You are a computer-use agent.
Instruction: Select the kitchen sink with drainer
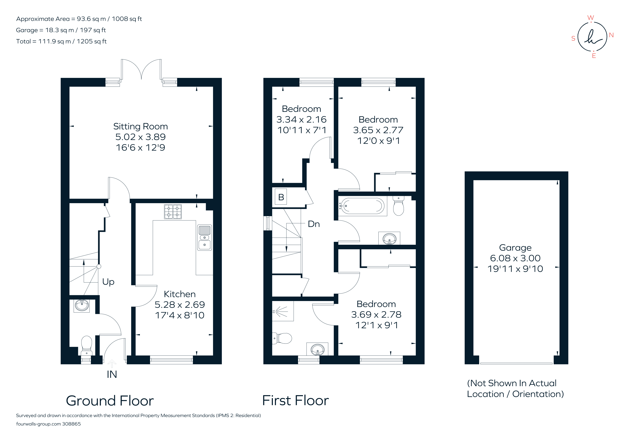[x=204, y=238]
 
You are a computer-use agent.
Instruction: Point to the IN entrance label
[x=112, y=374]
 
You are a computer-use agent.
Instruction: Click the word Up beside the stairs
[x=108, y=282]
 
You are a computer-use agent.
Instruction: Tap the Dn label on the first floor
[x=314, y=224]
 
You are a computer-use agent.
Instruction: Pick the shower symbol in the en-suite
[x=282, y=311]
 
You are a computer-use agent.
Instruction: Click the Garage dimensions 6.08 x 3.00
[x=515, y=258]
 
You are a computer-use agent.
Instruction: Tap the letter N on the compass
[x=611, y=35]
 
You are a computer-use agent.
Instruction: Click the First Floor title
[x=295, y=401]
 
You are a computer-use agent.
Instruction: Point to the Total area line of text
[x=61, y=41]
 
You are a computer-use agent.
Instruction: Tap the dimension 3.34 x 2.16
[x=301, y=119]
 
